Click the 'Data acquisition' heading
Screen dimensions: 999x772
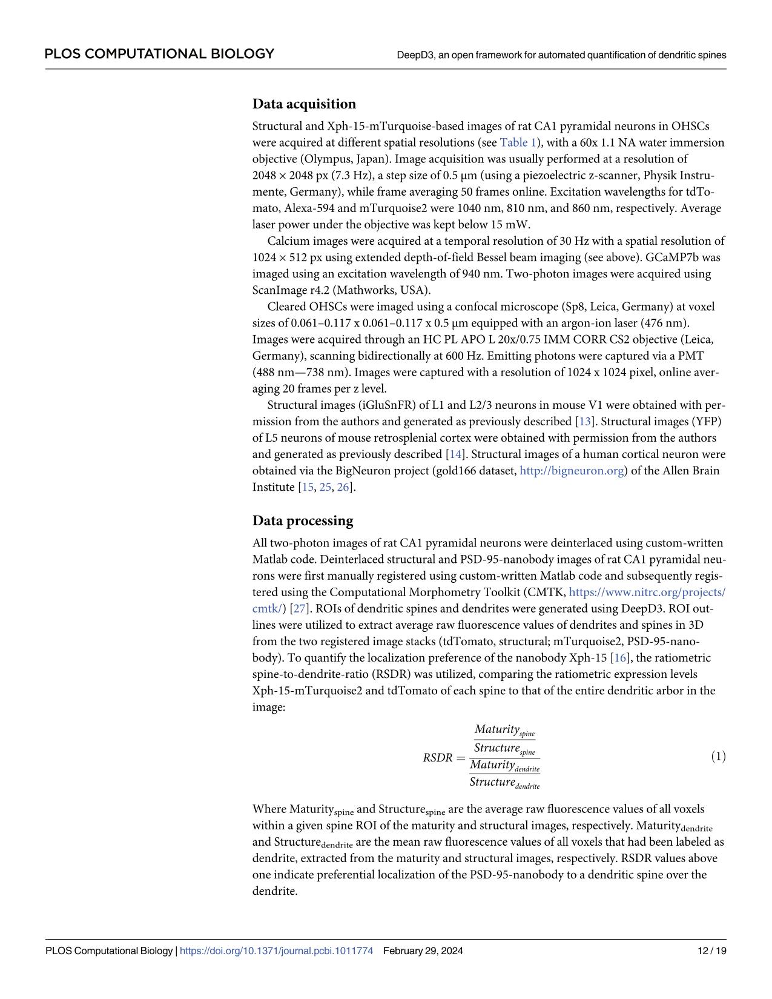(304, 104)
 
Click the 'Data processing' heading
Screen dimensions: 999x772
(302, 520)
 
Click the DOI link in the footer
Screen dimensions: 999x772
(277, 951)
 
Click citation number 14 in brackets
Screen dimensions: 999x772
(454, 454)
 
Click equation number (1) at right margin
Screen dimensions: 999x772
(718, 756)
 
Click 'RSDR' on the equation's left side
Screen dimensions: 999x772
(437, 757)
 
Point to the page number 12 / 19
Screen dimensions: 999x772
(712, 951)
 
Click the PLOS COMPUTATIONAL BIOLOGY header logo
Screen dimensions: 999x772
(159, 54)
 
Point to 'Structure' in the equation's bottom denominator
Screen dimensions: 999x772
(492, 782)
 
